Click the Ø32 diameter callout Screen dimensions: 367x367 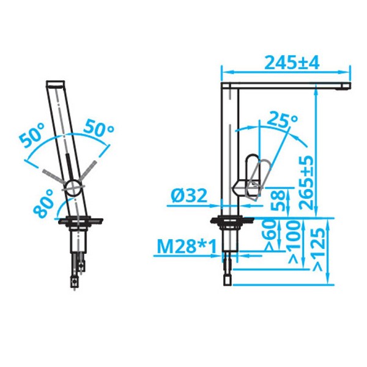pos(188,197)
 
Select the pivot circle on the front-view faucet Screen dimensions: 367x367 pos(72,187)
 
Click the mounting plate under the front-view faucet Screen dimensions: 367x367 pos(78,220)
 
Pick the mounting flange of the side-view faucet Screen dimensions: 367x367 pos(232,220)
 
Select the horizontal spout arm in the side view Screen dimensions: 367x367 pos(287,84)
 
